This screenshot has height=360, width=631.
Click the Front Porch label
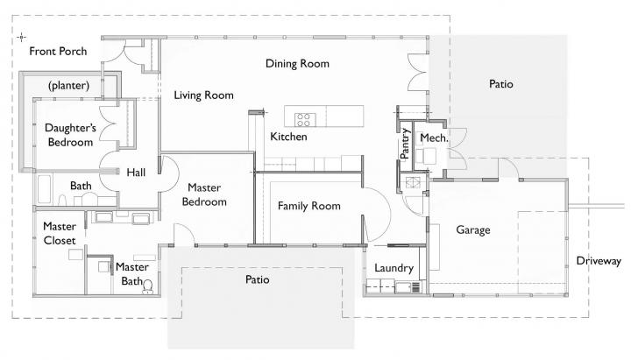click(x=57, y=52)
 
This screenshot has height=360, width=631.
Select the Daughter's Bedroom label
click(x=69, y=134)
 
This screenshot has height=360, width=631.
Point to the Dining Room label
click(x=296, y=63)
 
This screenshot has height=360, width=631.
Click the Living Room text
click(x=202, y=95)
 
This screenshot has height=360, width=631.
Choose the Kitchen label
click(x=287, y=137)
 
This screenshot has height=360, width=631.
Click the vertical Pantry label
click(x=404, y=144)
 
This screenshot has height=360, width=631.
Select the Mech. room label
click(x=433, y=138)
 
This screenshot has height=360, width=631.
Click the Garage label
click(x=472, y=229)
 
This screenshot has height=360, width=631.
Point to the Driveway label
click(x=599, y=261)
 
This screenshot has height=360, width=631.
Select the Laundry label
click(x=387, y=268)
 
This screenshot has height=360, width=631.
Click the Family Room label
click(x=308, y=206)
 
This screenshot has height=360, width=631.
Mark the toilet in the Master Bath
click(x=147, y=285)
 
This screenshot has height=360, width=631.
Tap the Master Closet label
click(x=60, y=233)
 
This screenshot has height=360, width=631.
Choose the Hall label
click(x=135, y=172)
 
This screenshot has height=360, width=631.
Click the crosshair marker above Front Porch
click(x=21, y=37)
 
